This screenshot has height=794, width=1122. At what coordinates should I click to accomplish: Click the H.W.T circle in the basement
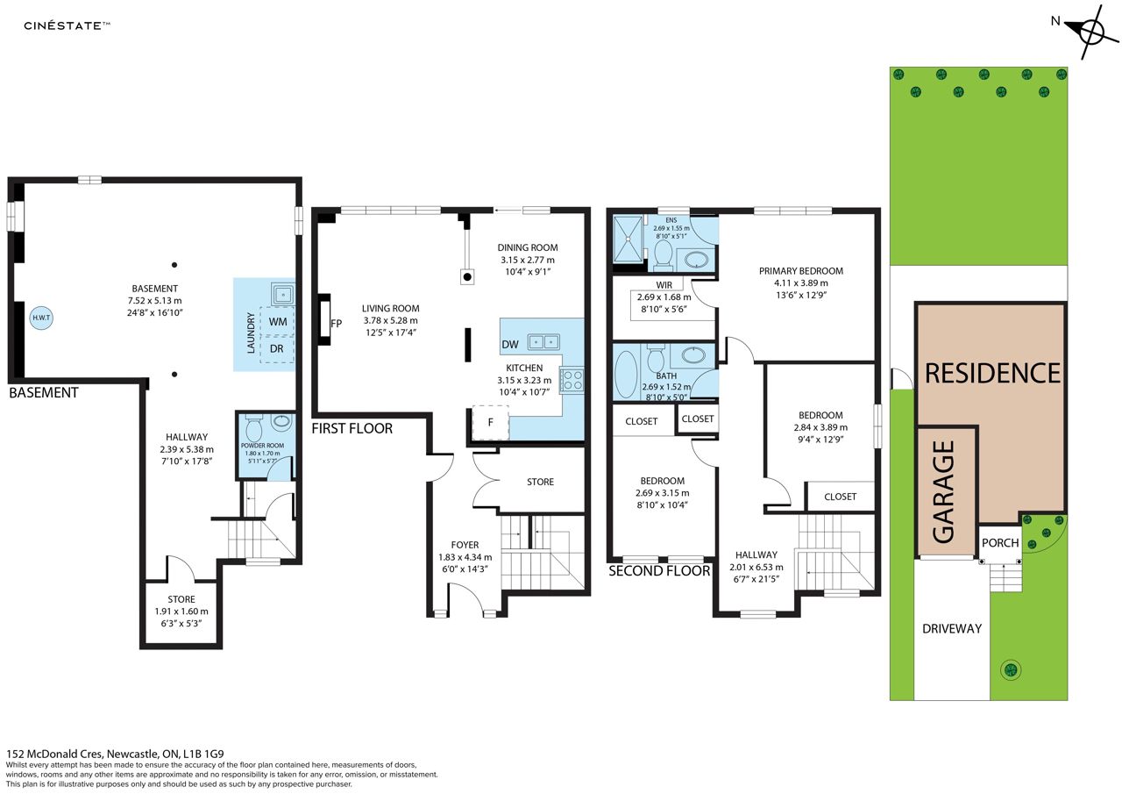41,318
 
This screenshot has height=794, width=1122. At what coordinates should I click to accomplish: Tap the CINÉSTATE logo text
67,26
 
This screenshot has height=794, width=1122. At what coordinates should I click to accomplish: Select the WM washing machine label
278,321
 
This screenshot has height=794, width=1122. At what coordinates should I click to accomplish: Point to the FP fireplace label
336,324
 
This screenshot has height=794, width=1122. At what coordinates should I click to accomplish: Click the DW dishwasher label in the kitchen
510,345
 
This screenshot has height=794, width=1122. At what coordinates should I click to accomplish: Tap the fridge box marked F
490,422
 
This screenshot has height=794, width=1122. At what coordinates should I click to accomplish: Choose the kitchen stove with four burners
572,380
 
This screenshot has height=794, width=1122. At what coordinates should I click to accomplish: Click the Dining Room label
528,247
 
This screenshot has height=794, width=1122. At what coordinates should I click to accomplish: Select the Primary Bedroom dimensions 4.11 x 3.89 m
801,283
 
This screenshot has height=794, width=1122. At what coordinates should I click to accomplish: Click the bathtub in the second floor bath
626,374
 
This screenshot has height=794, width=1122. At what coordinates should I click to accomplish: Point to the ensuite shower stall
628,239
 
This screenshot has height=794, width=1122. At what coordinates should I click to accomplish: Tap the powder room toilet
254,427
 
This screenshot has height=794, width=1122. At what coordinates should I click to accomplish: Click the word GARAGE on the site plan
944,491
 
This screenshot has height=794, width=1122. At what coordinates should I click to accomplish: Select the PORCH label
1000,543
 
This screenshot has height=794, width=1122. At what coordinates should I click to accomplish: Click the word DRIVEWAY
952,628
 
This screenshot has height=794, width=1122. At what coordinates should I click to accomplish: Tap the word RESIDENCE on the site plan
992,374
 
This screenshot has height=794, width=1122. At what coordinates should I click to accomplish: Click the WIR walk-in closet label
664,285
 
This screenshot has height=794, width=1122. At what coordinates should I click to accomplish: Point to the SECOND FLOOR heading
659,571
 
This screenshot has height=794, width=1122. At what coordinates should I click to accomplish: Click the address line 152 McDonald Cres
115,754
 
